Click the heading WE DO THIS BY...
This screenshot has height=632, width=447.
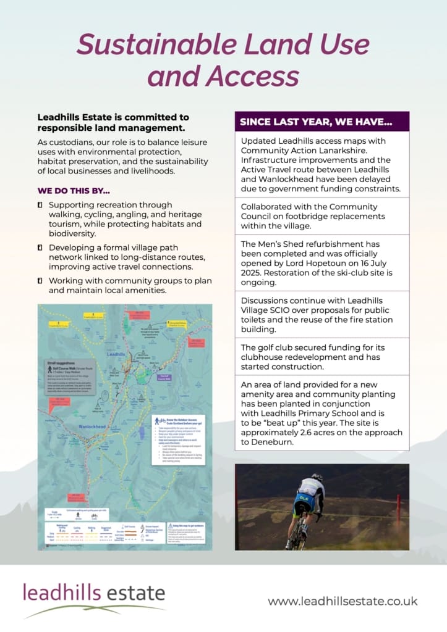74,191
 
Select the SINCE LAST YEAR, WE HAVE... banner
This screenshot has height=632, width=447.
321,122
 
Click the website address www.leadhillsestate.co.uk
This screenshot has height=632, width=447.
343,601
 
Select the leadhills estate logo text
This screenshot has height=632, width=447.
94,593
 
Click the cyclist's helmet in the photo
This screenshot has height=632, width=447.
317,477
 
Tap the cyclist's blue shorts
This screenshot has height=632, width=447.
302,507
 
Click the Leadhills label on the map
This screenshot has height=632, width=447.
116,355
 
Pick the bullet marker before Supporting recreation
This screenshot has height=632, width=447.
40,205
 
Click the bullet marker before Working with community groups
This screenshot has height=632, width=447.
40,281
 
